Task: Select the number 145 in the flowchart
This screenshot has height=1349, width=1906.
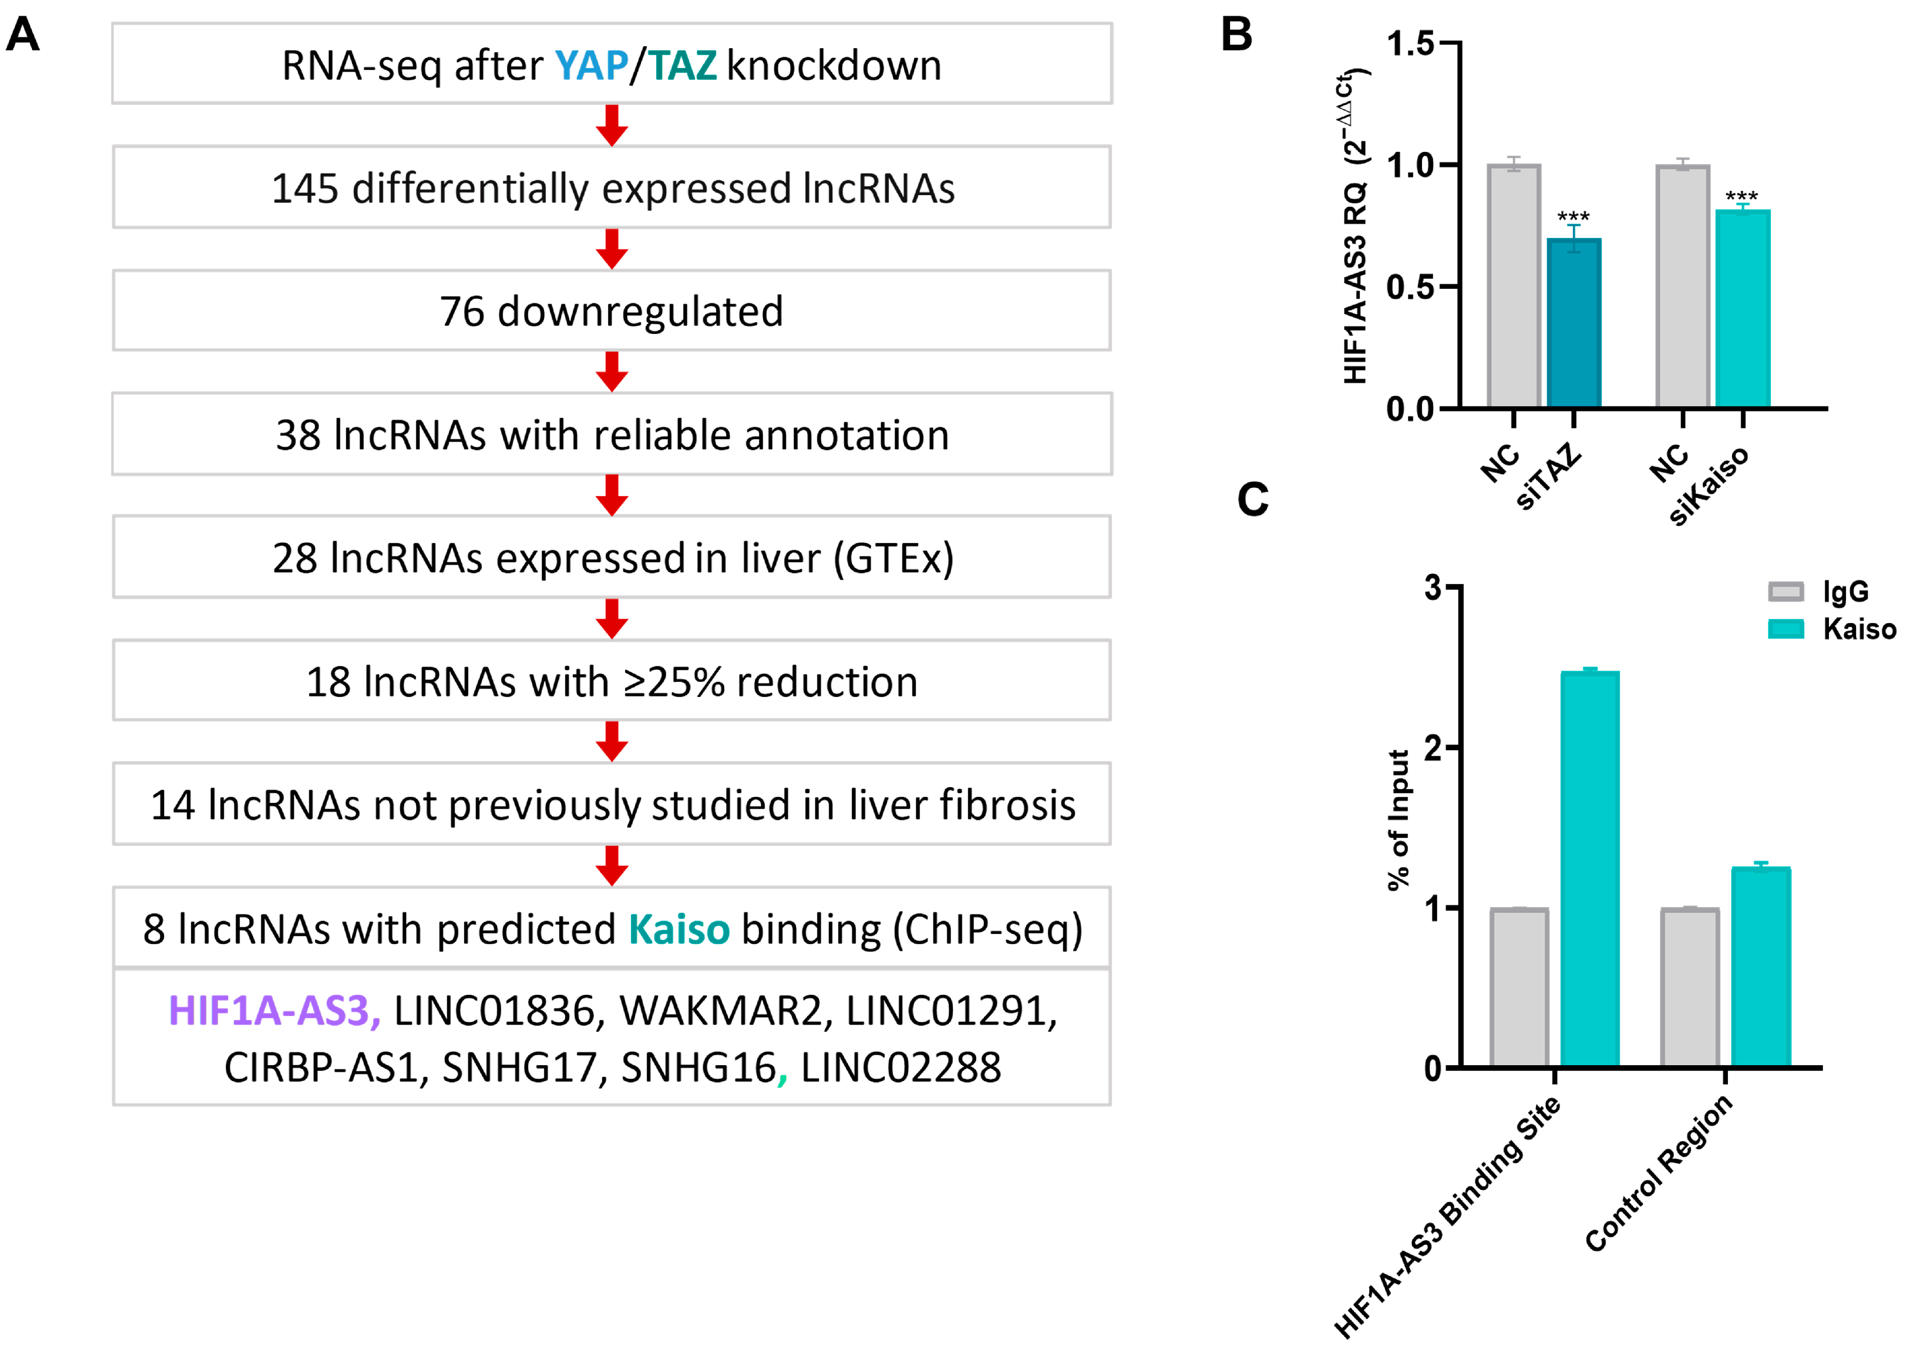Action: pyautogui.click(x=305, y=188)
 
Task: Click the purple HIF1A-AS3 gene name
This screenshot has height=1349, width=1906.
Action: pyautogui.click(x=274, y=1011)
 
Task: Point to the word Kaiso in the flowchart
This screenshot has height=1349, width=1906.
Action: pyautogui.click(x=679, y=929)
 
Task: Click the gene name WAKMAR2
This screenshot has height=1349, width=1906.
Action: pyautogui.click(x=719, y=1011)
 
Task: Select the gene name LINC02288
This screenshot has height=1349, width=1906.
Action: pyautogui.click(x=900, y=1067)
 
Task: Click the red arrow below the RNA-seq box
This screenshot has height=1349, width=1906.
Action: pyautogui.click(x=612, y=125)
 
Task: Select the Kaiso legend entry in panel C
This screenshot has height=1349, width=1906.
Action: pyautogui.click(x=1832, y=629)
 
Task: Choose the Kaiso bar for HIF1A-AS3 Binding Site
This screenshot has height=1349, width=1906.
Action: pyautogui.click(x=1590, y=869)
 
